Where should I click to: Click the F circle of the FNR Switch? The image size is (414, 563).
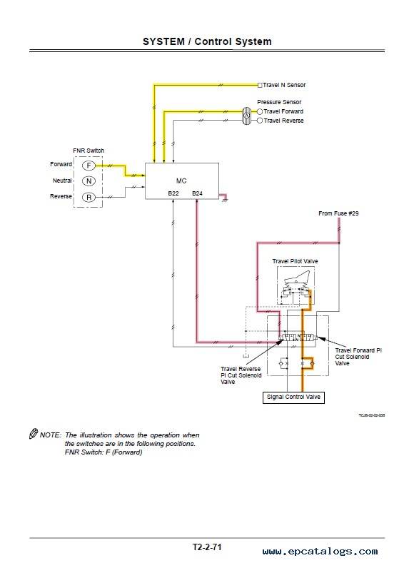click(89, 166)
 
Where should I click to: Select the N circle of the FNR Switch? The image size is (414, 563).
click(89, 181)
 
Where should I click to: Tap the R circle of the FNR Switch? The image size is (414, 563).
click(89, 197)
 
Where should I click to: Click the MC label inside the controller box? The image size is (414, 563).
click(181, 181)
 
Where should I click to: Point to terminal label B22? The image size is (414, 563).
click(173, 193)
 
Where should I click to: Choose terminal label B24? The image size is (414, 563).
click(197, 193)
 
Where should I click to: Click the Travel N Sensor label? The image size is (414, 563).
click(284, 85)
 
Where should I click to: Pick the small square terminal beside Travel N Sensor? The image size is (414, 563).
click(260, 85)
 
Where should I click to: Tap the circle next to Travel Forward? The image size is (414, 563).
click(260, 111)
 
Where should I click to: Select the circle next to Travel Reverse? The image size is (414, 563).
click(260, 121)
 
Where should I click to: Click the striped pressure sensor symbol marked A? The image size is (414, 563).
click(247, 116)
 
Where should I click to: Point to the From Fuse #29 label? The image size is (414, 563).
click(338, 213)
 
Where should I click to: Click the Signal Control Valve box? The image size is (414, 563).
click(293, 397)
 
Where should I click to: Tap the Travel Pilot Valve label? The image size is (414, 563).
click(295, 261)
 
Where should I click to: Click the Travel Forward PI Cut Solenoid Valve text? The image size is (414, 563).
click(358, 357)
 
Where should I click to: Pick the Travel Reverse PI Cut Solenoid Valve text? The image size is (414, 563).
click(241, 375)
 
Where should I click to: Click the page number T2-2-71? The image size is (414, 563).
click(207, 547)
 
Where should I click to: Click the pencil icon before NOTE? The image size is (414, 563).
click(34, 433)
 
